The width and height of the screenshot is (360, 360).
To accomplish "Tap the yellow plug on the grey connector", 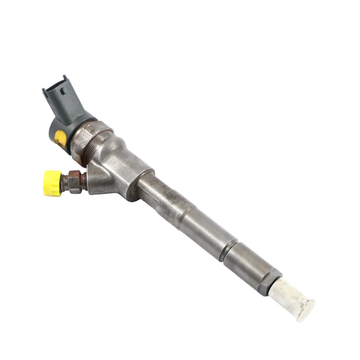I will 60,138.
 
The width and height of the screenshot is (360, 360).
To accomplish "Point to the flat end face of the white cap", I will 306,311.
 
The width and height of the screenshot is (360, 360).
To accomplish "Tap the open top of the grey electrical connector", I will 55,85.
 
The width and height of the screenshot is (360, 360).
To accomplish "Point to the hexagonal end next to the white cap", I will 269,282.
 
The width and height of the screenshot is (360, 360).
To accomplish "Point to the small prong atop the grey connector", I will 64,78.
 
